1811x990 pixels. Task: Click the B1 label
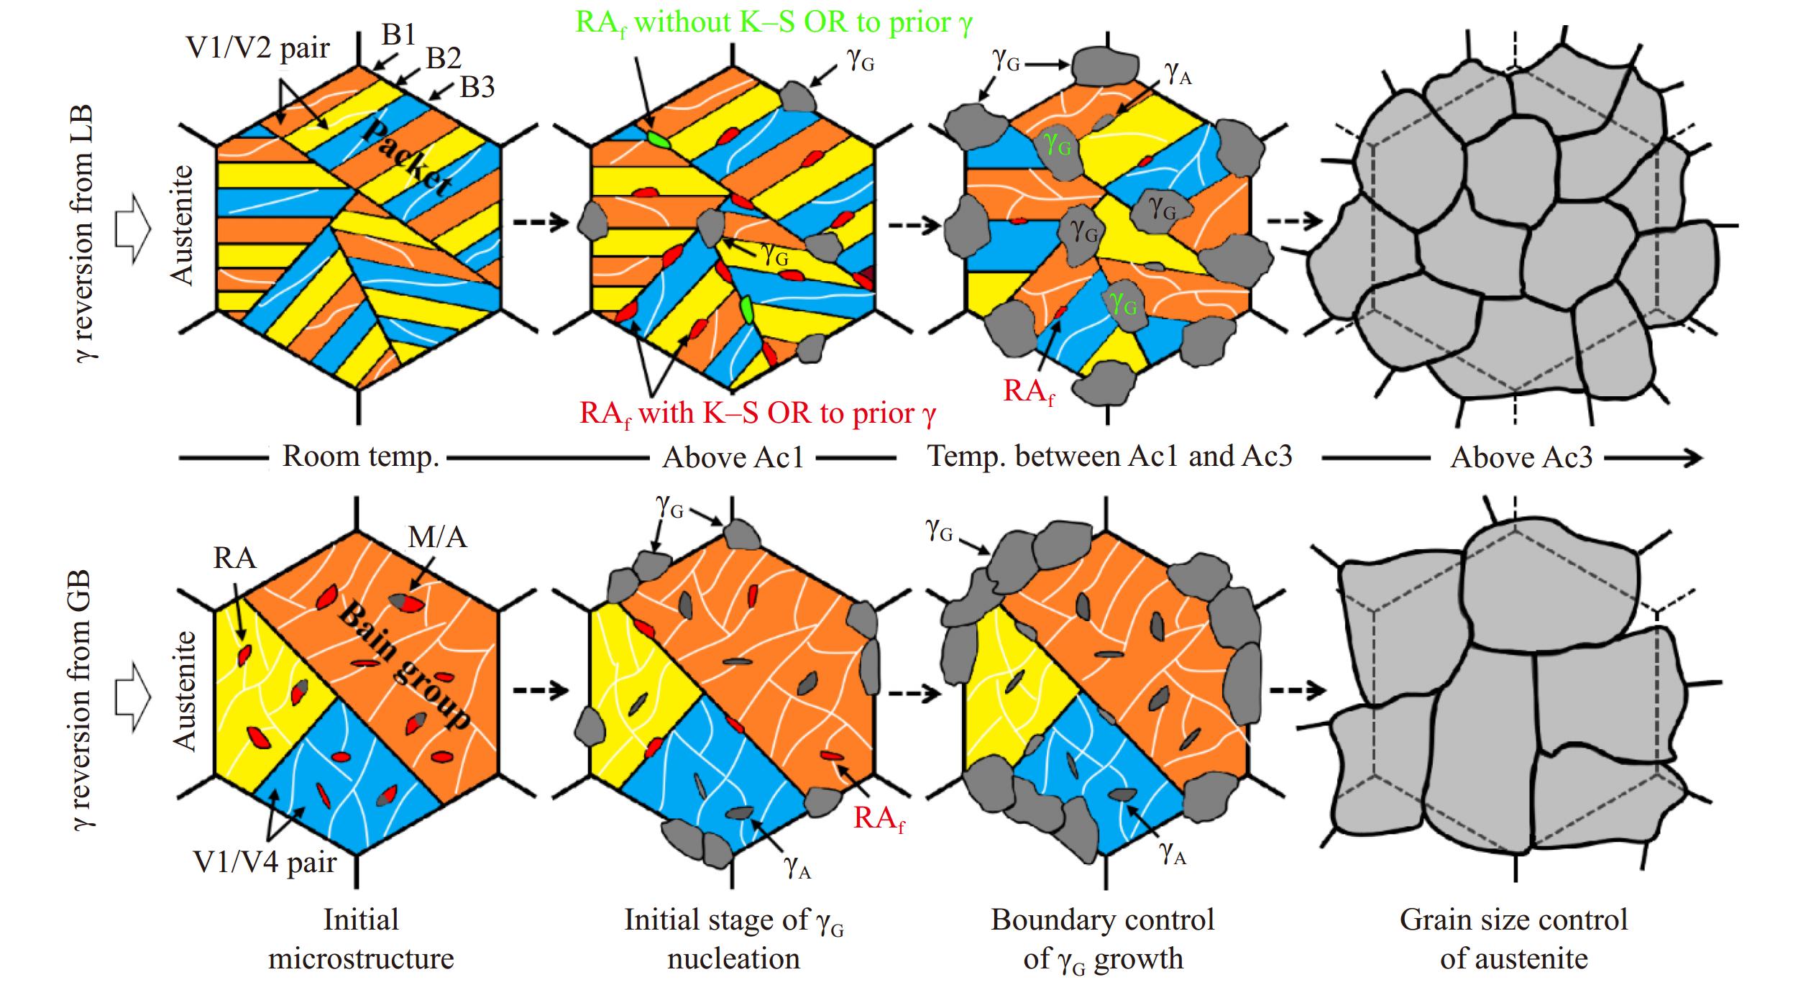point(399,34)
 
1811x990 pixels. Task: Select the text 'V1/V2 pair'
point(258,48)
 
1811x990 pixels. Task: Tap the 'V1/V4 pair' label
point(265,861)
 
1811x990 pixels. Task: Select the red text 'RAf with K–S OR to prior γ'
point(758,414)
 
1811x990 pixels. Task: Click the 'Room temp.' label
point(360,457)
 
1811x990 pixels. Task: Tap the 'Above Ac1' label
point(733,457)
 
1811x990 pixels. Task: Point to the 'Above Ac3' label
point(1521,457)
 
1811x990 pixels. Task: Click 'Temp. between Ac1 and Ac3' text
point(1110,456)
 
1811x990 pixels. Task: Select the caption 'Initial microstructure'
point(361,939)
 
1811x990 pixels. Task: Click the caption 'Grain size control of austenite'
point(1513,939)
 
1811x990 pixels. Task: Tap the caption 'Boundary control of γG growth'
point(1103,939)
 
